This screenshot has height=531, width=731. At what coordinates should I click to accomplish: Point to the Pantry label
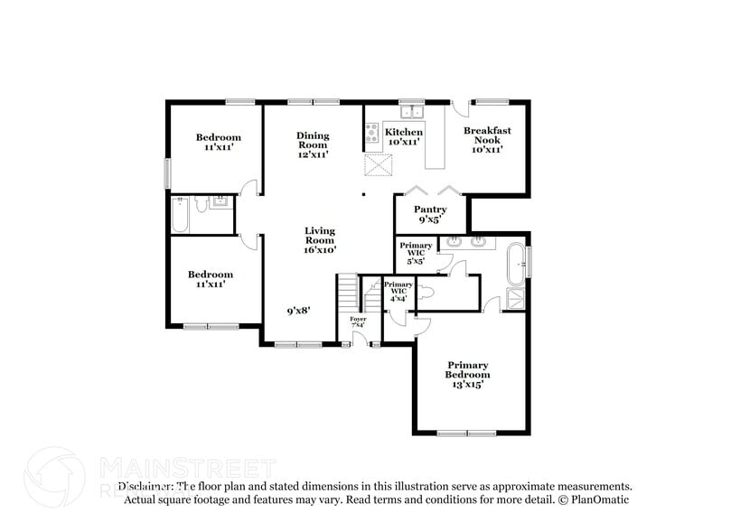tap(430, 214)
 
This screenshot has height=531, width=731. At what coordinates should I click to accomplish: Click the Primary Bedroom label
tap(468, 370)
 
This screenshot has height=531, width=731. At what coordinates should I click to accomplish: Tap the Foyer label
tap(359, 321)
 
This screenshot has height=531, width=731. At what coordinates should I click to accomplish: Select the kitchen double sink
tap(415, 112)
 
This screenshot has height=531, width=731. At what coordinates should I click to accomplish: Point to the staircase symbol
tap(349, 293)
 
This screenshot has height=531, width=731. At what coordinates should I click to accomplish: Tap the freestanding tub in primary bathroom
tap(516, 260)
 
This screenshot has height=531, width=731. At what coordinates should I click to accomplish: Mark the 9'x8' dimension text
tap(299, 311)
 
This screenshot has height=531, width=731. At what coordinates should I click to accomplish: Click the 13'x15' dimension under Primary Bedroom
tap(468, 384)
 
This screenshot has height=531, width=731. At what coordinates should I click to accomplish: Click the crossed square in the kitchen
tap(378, 165)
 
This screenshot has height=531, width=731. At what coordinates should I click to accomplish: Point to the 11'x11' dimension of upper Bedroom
tap(218, 147)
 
